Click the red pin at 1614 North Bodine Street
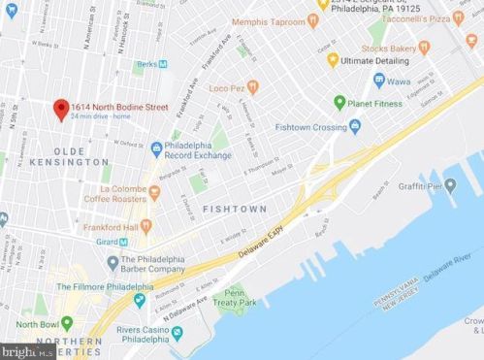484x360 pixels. click(x=59, y=107)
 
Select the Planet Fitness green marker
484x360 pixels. click(x=340, y=101)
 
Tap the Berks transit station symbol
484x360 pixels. click(x=162, y=63)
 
